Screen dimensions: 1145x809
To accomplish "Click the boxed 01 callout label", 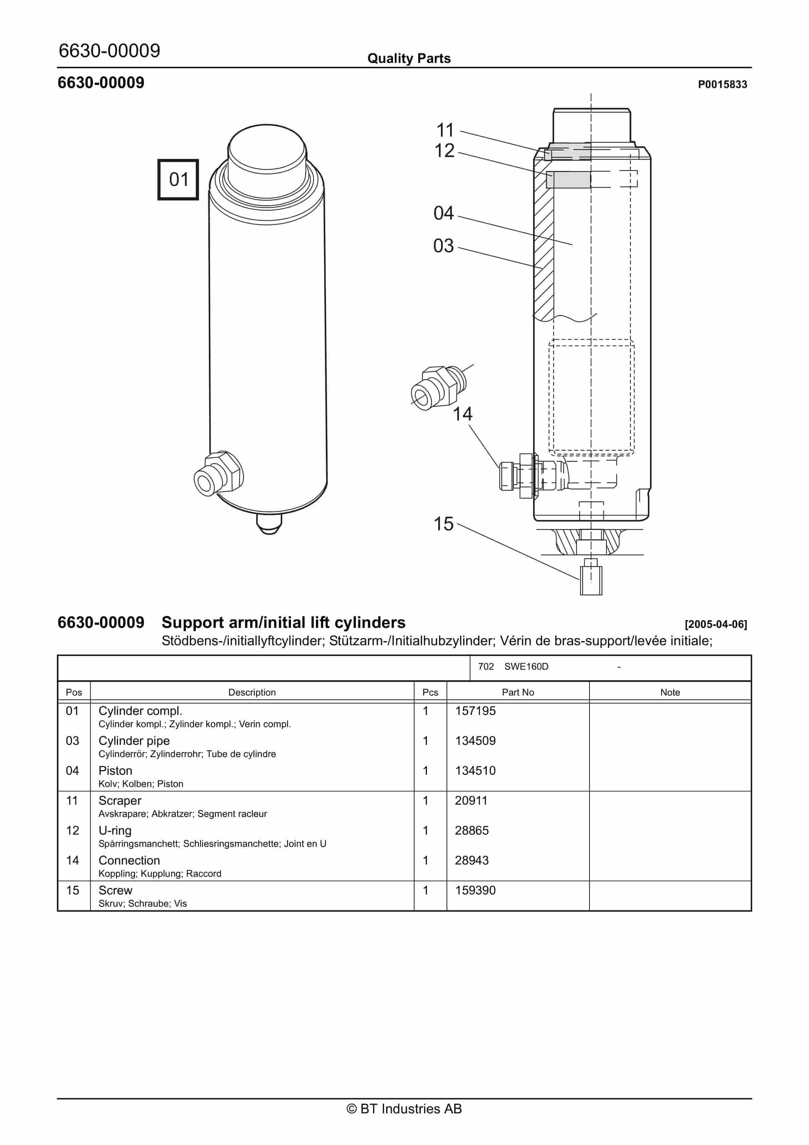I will [x=178, y=180].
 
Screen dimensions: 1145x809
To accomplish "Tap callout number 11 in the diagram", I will [x=445, y=130].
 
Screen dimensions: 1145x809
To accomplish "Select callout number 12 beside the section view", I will [x=444, y=151].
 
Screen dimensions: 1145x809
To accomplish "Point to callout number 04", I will [x=443, y=213].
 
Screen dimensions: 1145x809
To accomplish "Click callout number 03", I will [x=443, y=246].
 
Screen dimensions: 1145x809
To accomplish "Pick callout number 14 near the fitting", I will [x=462, y=414].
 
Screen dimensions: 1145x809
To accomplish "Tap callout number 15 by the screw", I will [x=443, y=524].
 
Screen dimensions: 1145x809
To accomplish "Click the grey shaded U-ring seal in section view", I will [x=568, y=180].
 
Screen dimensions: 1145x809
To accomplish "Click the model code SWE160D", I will [x=526, y=667].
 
